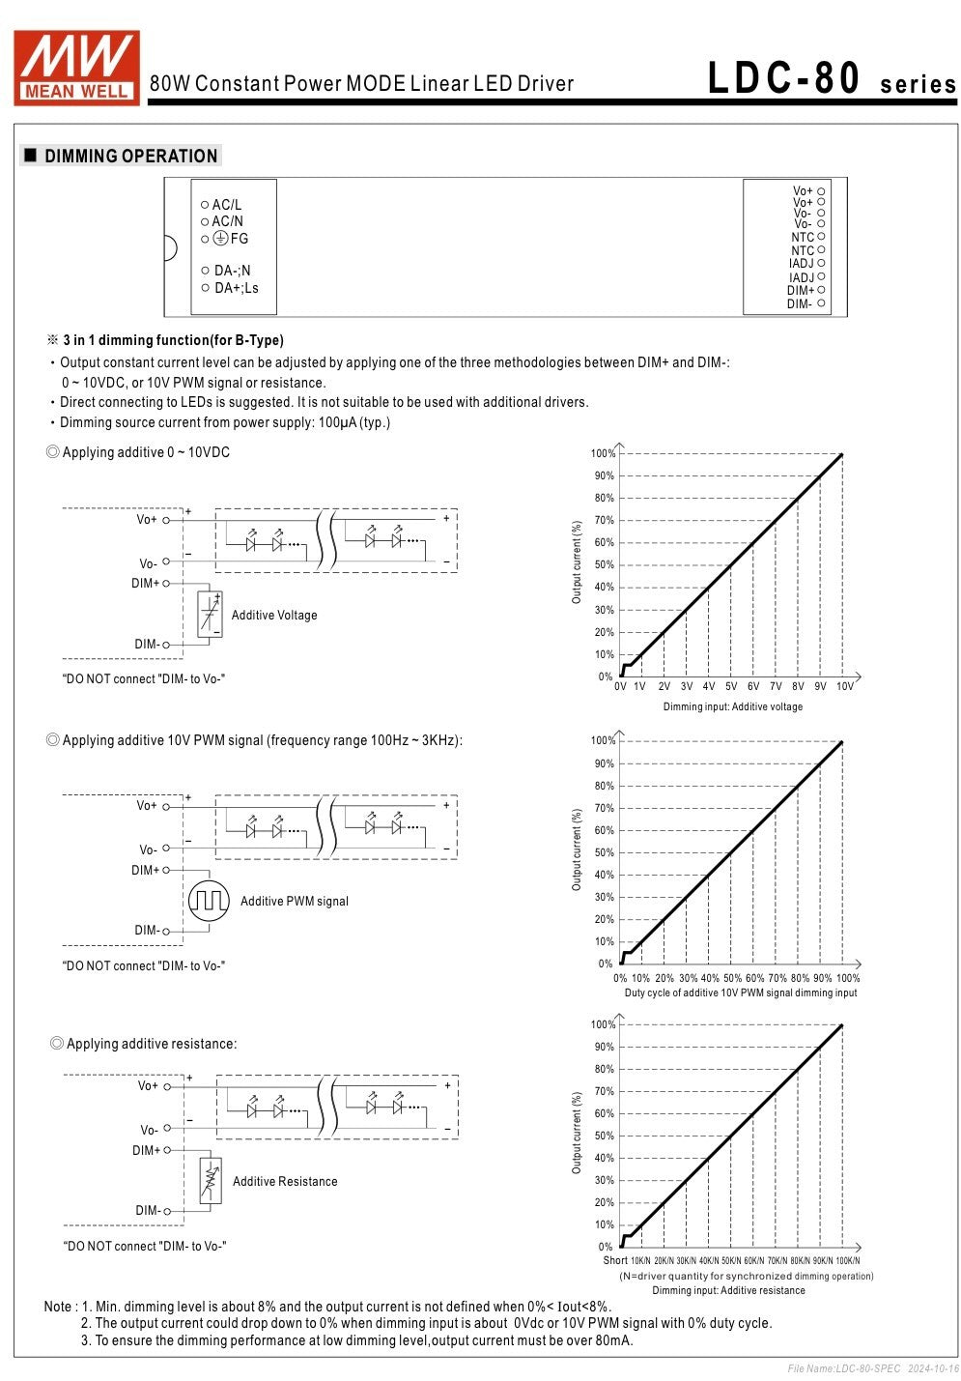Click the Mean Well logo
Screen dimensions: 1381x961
[76, 67]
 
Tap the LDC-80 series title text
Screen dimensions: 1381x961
[831, 79]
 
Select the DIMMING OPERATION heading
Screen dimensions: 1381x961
[130, 156]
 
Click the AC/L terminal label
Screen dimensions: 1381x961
[226, 205]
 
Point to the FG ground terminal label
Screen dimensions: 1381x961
[232, 239]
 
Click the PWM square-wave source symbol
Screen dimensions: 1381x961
[209, 901]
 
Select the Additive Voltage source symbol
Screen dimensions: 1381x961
[210, 614]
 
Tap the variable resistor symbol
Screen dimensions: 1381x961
[211, 1180]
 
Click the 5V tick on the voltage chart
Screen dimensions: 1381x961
[731, 686]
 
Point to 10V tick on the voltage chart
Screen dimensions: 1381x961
[845, 686]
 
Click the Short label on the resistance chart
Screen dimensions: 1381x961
[615, 1260]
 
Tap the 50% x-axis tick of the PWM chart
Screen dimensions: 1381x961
[733, 978]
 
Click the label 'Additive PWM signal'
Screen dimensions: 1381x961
[294, 901]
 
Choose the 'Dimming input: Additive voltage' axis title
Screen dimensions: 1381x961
[732, 706]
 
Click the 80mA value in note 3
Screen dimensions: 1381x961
[614, 1340]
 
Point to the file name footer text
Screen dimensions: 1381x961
[872, 1368]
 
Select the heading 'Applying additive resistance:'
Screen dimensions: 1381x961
[151, 1044]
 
